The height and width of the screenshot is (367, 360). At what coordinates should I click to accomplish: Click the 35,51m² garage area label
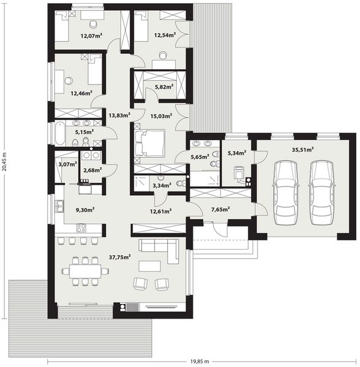[x=302, y=149]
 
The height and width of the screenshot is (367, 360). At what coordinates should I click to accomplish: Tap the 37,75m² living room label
[x=119, y=258]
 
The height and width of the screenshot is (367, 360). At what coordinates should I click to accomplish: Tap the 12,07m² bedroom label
[x=92, y=35]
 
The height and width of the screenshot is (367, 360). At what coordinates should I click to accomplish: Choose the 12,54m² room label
[x=165, y=35]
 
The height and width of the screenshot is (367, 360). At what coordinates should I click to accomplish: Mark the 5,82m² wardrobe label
[x=164, y=87]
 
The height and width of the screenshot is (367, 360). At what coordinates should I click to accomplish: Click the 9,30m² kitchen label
[x=84, y=210]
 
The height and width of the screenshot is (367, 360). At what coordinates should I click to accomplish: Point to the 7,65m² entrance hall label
[x=220, y=209]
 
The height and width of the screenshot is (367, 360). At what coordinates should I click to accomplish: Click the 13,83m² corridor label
[x=119, y=114]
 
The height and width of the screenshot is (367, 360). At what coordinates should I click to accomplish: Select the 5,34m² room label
[x=236, y=153]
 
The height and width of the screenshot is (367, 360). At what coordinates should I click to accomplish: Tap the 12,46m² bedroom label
[x=81, y=94]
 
